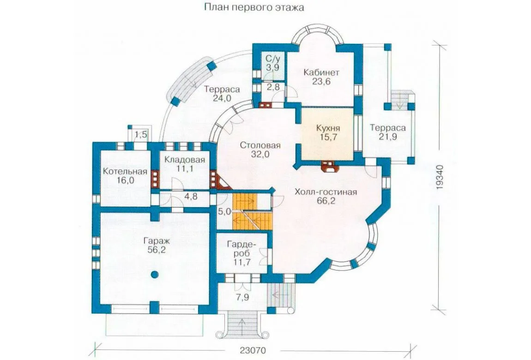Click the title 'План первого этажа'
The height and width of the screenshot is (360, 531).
pyautogui.click(x=254, y=7)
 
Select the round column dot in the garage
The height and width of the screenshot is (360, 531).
pyautogui.click(x=155, y=275)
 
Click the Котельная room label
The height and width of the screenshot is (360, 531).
pyautogui.click(x=125, y=171)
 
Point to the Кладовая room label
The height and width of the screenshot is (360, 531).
pyautogui.click(x=185, y=160)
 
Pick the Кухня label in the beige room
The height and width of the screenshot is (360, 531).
pyautogui.click(x=328, y=128)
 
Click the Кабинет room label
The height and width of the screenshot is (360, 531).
pyautogui.click(x=321, y=72)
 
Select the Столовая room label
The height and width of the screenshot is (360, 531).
pyautogui.click(x=260, y=145)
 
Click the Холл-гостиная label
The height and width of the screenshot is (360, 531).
pyautogui.click(x=326, y=192)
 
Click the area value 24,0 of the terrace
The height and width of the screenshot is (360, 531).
pyautogui.click(x=222, y=98)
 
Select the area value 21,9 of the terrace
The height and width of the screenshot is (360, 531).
pyautogui.click(x=387, y=137)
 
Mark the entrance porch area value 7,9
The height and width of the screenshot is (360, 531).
pyautogui.click(x=244, y=298)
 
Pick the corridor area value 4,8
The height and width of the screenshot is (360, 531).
pyautogui.click(x=191, y=196)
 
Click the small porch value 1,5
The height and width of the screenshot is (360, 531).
pyautogui.click(x=141, y=135)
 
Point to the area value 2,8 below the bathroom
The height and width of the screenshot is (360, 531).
pyautogui.click(x=273, y=87)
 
